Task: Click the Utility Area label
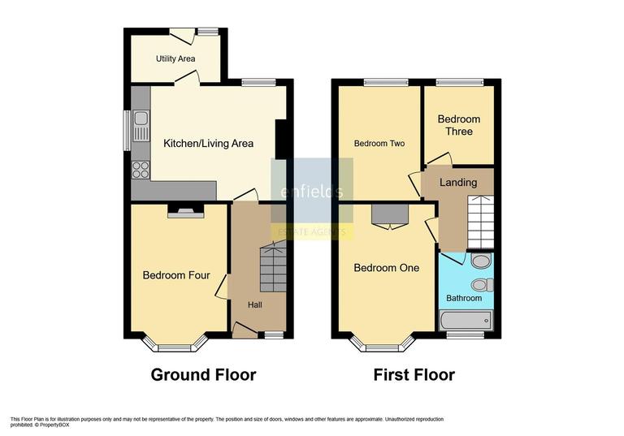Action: click(x=175, y=58)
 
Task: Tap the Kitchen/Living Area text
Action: click(x=209, y=144)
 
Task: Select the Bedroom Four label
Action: click(x=176, y=275)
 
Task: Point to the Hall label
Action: click(x=255, y=304)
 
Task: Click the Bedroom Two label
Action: click(x=379, y=144)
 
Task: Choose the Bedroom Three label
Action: click(x=458, y=125)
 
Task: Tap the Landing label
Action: click(x=458, y=183)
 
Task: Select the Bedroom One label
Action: click(x=386, y=267)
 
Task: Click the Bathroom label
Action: click(x=463, y=298)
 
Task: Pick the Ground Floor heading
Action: click(x=203, y=375)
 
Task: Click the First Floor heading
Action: click(x=414, y=375)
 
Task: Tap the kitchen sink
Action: click(x=141, y=127)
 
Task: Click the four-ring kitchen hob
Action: click(x=141, y=170)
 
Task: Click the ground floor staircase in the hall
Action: click(x=273, y=269)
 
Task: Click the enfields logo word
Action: click(x=312, y=192)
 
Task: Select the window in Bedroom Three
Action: click(x=459, y=82)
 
